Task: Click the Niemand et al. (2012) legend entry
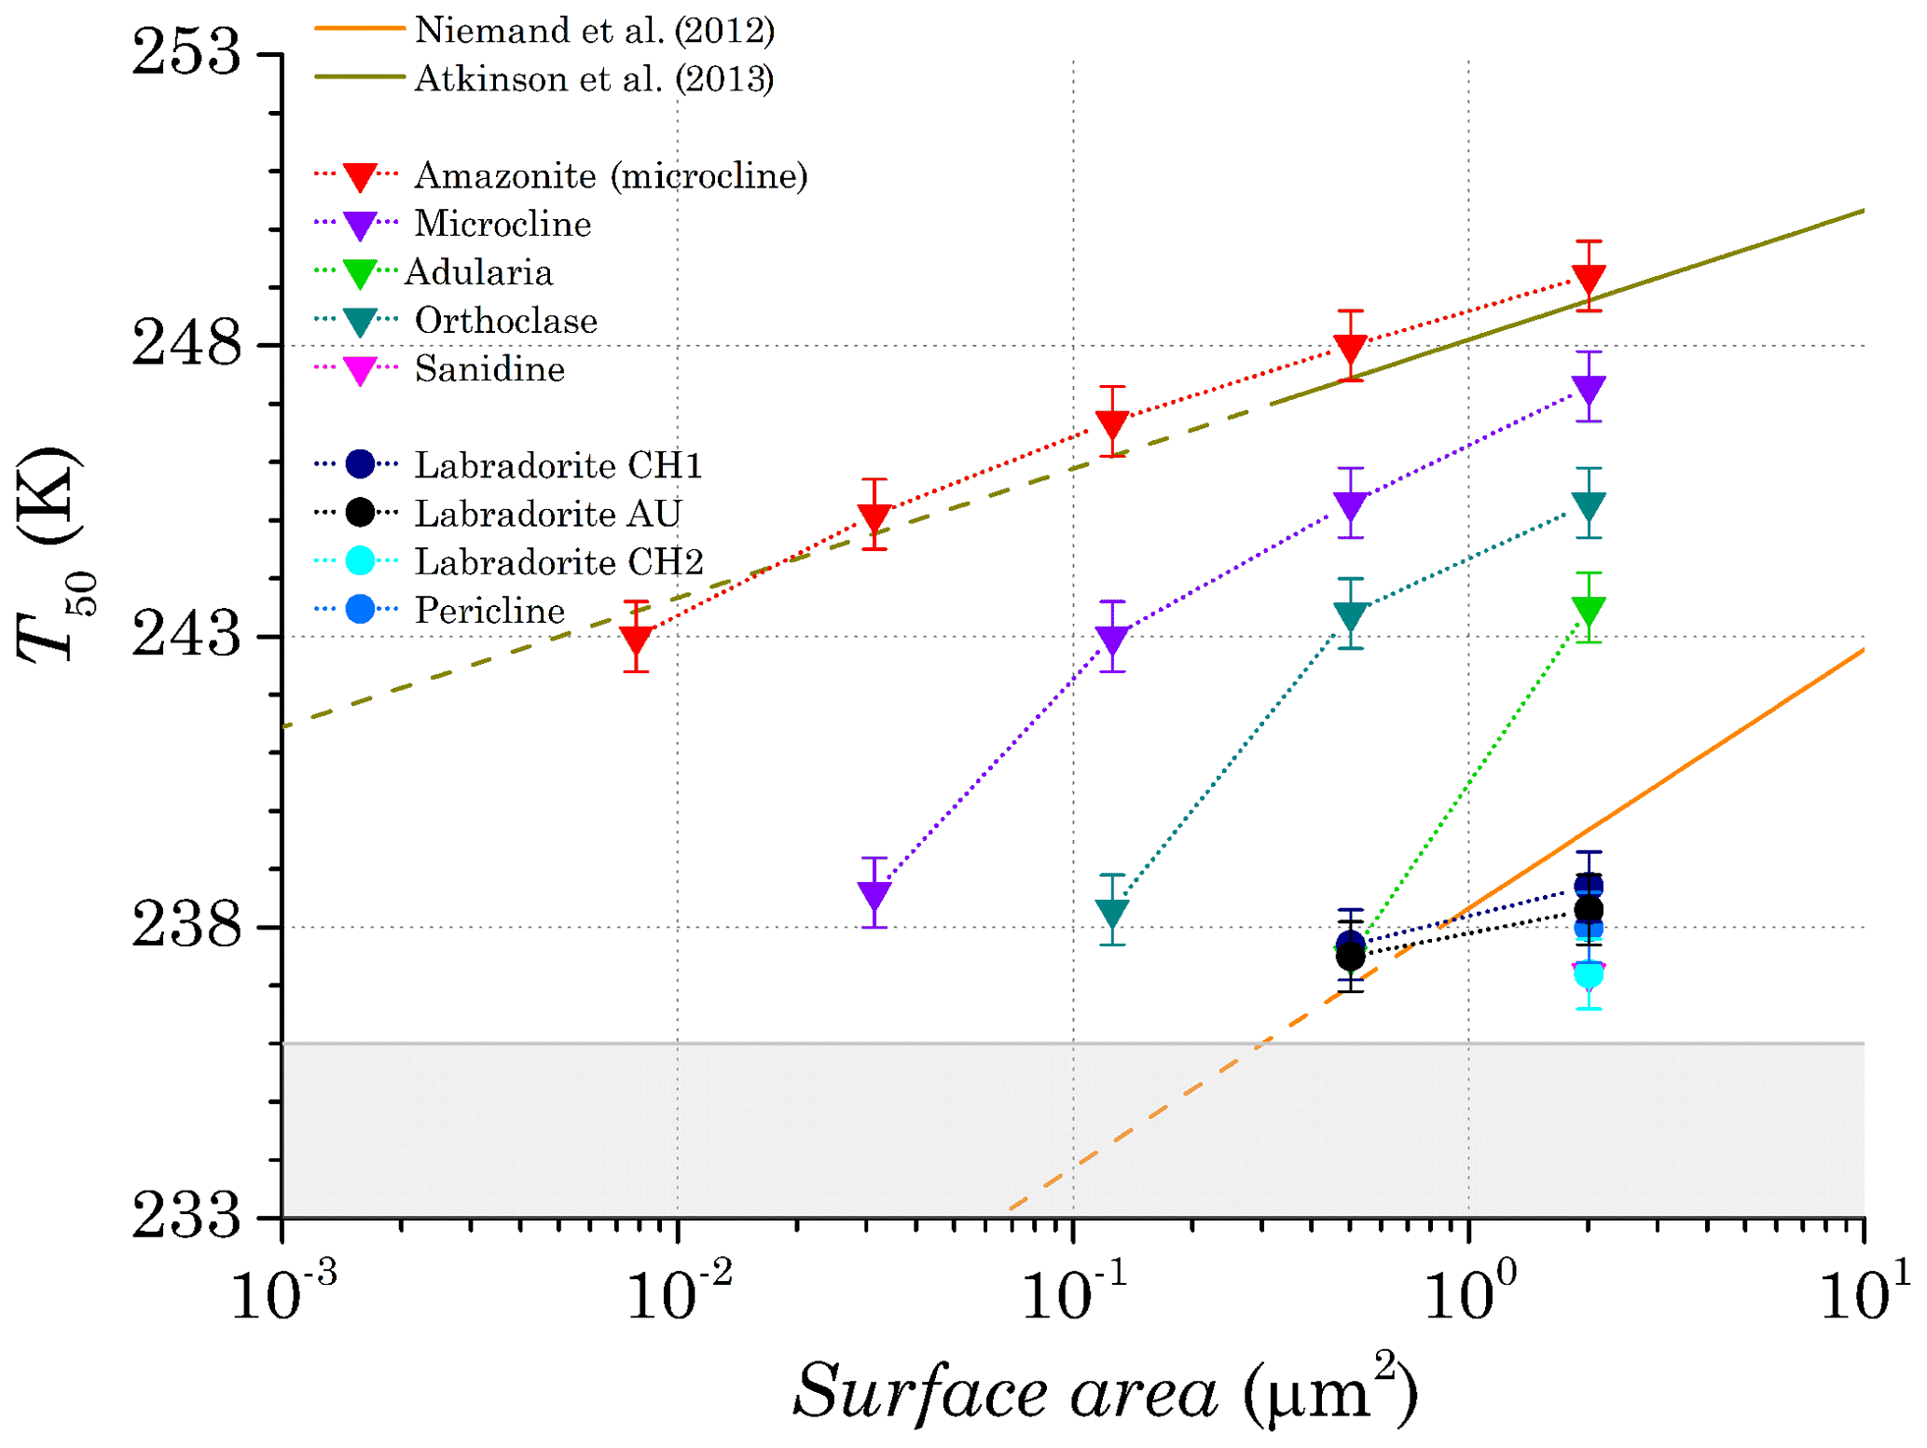coord(594,31)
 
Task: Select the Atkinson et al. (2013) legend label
coord(594,79)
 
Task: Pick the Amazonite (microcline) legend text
coord(611,175)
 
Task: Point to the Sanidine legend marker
coord(360,370)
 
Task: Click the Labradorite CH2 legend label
coord(558,562)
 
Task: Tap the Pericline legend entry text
coord(489,611)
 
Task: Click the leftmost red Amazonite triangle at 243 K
coord(637,640)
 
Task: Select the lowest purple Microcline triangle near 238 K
coord(874,895)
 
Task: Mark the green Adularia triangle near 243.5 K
coord(1589,611)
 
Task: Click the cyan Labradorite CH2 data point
coord(1589,975)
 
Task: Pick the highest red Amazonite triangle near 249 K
coord(1589,279)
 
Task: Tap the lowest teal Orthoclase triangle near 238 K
coord(1112,913)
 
